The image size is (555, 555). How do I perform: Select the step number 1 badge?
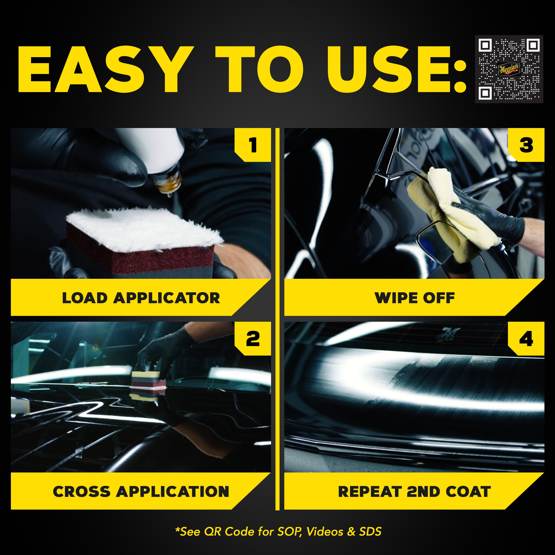tap(253, 145)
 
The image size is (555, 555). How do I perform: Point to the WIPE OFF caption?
tap(415, 298)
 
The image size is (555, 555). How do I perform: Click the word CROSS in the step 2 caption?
tap(82, 492)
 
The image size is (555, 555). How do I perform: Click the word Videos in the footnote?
tap(325, 532)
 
